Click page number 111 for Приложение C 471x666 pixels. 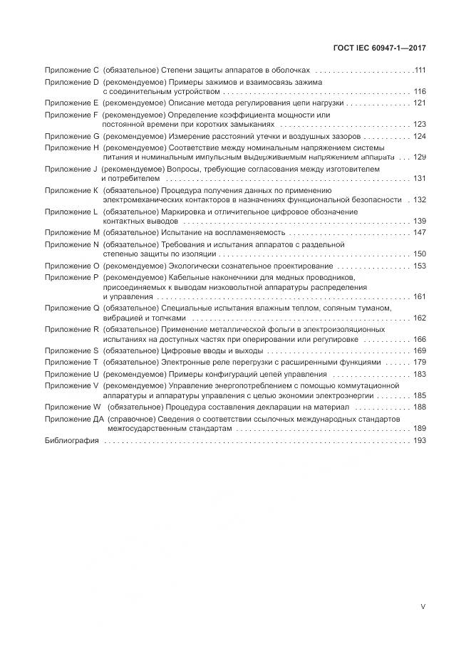[x=420, y=71]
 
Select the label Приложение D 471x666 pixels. [x=72, y=83]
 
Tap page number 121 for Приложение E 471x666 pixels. [x=419, y=103]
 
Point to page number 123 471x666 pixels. [x=419, y=124]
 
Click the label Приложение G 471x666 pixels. [x=72, y=136]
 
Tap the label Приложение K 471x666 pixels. [x=72, y=190]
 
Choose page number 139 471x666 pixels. [x=419, y=221]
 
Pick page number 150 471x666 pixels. [x=419, y=254]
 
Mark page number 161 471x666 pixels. [x=419, y=296]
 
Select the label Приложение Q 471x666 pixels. [x=72, y=308]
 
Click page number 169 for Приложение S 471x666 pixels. [x=419, y=351]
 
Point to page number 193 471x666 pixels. [x=419, y=442]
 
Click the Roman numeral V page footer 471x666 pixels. [x=423, y=607]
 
